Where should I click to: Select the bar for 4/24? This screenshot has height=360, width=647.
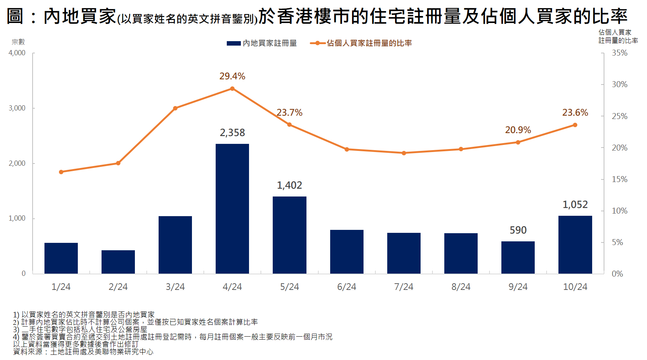coord(232,209)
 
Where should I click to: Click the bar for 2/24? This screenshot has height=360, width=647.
coord(118,262)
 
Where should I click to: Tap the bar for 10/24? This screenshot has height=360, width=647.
coord(575,245)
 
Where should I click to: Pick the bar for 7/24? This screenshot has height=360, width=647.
coord(404,253)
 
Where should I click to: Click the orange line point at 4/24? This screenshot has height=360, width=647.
coord(232,89)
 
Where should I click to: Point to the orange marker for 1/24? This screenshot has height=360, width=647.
coord(61,172)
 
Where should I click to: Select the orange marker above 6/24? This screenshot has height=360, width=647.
coord(347,149)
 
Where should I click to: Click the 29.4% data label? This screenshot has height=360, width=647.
coord(232,76)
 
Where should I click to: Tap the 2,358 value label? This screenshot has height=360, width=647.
coord(232,133)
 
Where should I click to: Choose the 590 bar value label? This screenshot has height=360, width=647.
coord(518,230)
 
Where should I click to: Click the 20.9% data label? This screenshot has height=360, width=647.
coord(518,130)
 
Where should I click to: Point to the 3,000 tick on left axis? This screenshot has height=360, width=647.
coord(17,108)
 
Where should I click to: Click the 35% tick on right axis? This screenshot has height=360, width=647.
coord(620,53)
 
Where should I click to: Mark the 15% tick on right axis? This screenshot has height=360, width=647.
coord(620,179)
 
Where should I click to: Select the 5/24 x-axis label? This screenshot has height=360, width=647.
coord(289,287)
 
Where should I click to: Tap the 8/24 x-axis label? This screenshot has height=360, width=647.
coord(461,287)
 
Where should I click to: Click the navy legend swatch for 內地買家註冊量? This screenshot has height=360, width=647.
coord(234,43)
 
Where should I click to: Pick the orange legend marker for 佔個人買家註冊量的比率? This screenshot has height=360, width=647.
coord(318,43)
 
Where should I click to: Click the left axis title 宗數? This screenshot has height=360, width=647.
coord(18,42)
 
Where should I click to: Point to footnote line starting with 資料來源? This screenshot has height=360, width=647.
coord(83,352)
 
